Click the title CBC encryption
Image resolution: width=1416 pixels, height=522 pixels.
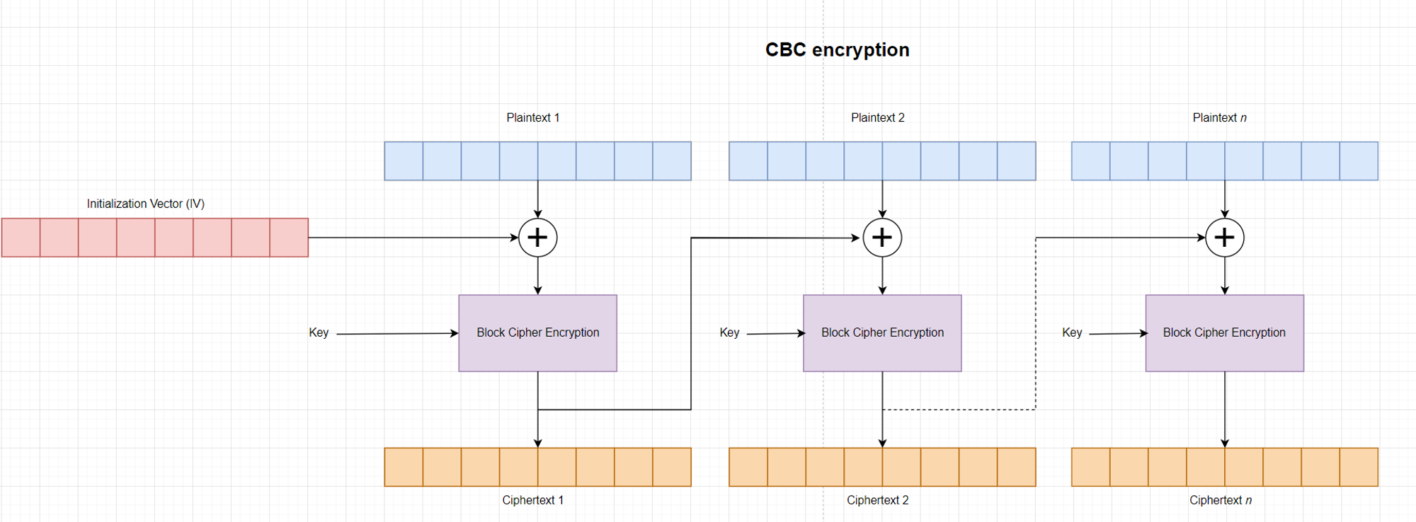(x=837, y=50)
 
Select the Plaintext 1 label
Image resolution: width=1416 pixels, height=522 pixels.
(x=532, y=117)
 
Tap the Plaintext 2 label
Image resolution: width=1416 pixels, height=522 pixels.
(x=877, y=117)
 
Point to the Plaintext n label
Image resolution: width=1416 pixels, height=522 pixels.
(x=1219, y=117)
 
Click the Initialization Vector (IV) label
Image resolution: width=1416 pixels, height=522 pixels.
(x=145, y=204)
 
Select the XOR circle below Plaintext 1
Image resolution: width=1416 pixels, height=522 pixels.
(x=537, y=238)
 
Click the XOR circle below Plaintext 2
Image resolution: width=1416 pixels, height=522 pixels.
(x=881, y=238)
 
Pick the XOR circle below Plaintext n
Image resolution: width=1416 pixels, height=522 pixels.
(x=1224, y=238)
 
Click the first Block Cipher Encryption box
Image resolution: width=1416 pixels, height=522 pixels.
(x=537, y=332)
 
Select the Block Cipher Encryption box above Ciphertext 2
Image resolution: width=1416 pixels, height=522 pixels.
(x=882, y=332)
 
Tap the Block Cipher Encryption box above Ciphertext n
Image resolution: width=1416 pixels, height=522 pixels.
(x=1224, y=332)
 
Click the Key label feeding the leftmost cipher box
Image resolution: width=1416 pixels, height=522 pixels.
(x=319, y=332)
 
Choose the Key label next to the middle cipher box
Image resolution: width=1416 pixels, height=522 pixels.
(x=729, y=332)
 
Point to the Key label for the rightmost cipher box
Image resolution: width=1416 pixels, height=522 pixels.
(x=1072, y=332)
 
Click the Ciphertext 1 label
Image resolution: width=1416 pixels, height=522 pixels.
(x=532, y=500)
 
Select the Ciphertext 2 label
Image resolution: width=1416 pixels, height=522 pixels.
(x=877, y=500)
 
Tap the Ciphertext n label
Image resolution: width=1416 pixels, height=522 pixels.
(x=1220, y=500)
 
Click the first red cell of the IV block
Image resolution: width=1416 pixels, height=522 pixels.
(x=21, y=238)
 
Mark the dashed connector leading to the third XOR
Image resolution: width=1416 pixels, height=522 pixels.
(x=1035, y=325)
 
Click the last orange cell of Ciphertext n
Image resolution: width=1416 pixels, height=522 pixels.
(x=1358, y=467)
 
